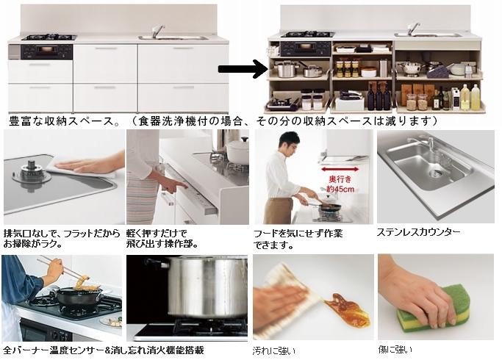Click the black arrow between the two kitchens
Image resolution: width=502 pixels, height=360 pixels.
click(243, 70)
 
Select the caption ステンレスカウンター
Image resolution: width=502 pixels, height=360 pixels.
click(418, 232)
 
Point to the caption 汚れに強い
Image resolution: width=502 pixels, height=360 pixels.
click(273, 350)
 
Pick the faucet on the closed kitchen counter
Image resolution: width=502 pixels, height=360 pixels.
click(156, 31)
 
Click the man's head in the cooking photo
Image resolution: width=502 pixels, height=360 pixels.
click(289, 143)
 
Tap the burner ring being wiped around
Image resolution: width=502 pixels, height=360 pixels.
click(29, 173)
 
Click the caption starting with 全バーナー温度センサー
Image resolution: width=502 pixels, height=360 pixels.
click(103, 350)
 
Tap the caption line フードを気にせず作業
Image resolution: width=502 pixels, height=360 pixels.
click(298, 233)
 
